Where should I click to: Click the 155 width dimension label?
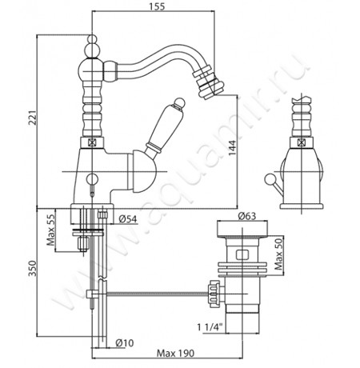click(x=157, y=6)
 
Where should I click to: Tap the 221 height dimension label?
click(x=33, y=118)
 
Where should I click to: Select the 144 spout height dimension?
click(x=232, y=148)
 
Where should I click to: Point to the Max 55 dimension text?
click(x=50, y=230)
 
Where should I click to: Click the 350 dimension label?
click(x=32, y=269)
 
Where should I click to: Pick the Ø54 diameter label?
click(x=128, y=219)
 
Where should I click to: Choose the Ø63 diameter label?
click(x=246, y=215)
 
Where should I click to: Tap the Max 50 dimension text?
click(x=278, y=254)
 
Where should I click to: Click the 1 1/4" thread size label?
click(x=210, y=327)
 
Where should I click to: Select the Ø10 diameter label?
click(x=125, y=342)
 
